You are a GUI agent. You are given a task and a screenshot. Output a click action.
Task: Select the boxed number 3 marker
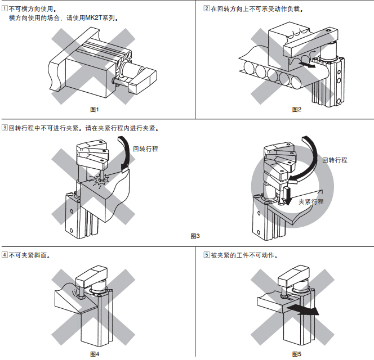(x=5, y=128)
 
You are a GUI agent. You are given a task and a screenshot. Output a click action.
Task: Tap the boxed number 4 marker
(x=5, y=255)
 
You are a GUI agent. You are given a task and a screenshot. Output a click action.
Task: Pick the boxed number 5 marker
(x=206, y=255)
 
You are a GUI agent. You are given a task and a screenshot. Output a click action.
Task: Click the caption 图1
(x=95, y=109)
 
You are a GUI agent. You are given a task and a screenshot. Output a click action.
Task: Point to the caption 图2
(x=297, y=109)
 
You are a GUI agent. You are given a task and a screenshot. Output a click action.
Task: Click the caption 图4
(x=95, y=354)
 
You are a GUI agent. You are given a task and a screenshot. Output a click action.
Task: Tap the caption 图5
(x=297, y=354)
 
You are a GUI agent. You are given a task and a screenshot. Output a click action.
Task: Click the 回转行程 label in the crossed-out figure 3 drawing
(x=145, y=149)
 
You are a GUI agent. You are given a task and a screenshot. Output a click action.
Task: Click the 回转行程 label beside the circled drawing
(x=335, y=160)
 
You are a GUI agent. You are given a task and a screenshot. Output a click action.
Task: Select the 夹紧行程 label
(x=311, y=202)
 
